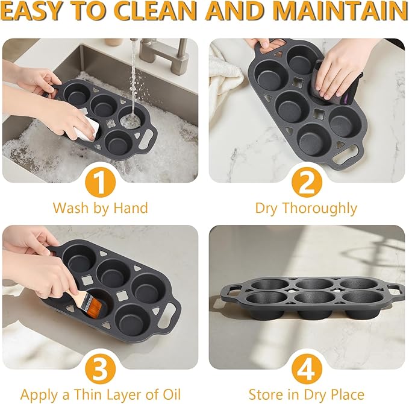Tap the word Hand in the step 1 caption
click(x=131, y=209)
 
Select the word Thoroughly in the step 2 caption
click(x=326, y=209)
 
